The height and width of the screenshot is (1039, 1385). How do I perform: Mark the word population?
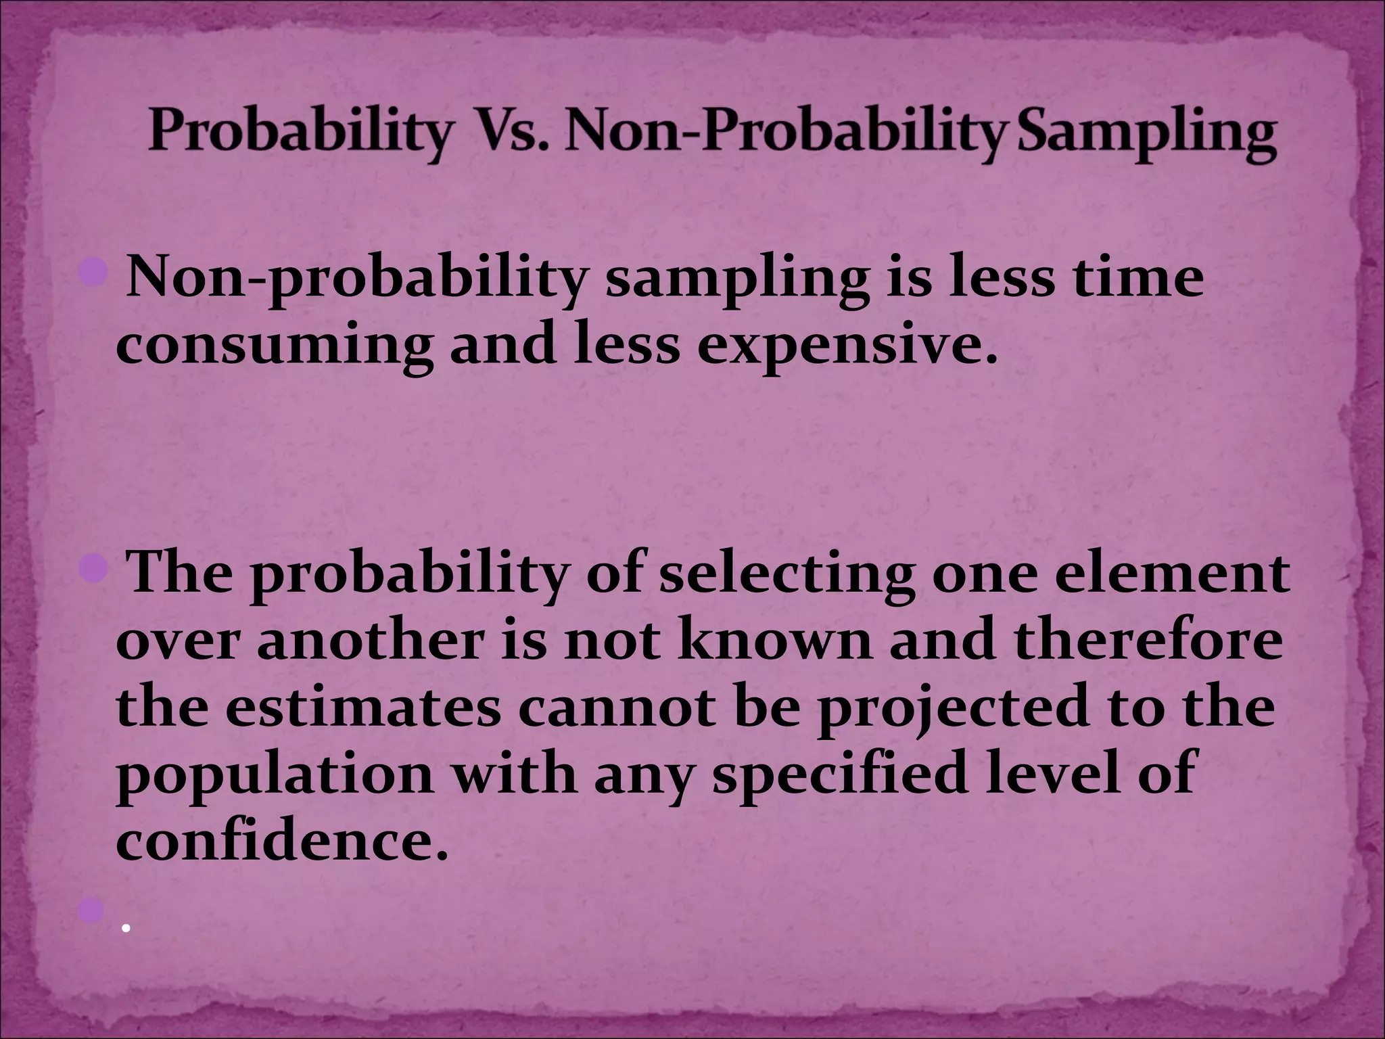click(273, 777)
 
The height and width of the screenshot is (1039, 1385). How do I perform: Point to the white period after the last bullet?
click(126, 929)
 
